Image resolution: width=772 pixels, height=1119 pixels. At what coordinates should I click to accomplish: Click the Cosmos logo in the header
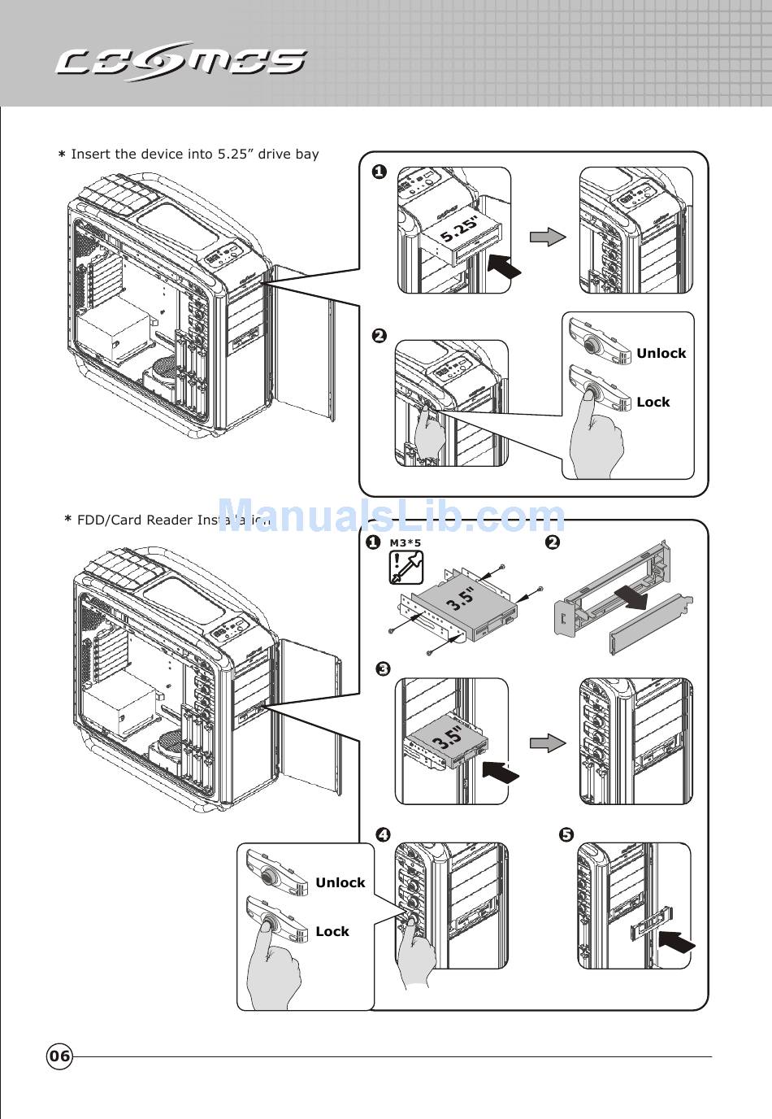click(180, 62)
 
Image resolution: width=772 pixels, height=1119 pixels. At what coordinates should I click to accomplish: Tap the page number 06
click(59, 1056)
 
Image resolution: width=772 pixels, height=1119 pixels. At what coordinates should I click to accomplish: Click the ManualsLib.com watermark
click(391, 516)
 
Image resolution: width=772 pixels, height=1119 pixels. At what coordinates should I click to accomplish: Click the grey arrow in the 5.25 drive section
click(548, 236)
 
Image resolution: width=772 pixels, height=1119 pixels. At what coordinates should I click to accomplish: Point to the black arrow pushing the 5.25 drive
click(503, 266)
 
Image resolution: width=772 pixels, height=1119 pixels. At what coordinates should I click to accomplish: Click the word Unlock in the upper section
click(661, 353)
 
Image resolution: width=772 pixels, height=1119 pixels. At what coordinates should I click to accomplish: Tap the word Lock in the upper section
click(653, 402)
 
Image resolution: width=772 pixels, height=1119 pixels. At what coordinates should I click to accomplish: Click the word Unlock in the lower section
click(340, 882)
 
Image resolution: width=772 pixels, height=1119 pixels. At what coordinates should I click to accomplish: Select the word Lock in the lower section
click(332, 931)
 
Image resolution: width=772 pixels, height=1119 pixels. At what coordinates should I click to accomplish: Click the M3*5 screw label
click(406, 542)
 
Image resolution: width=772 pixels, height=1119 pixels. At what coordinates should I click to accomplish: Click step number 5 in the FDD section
click(566, 834)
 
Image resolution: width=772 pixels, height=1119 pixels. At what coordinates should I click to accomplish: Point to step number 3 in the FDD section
click(383, 668)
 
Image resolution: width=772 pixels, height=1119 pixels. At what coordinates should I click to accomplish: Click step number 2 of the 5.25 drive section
click(379, 335)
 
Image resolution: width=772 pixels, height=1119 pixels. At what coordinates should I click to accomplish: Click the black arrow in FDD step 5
click(676, 943)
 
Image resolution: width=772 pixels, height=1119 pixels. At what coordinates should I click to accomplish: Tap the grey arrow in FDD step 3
click(548, 742)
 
